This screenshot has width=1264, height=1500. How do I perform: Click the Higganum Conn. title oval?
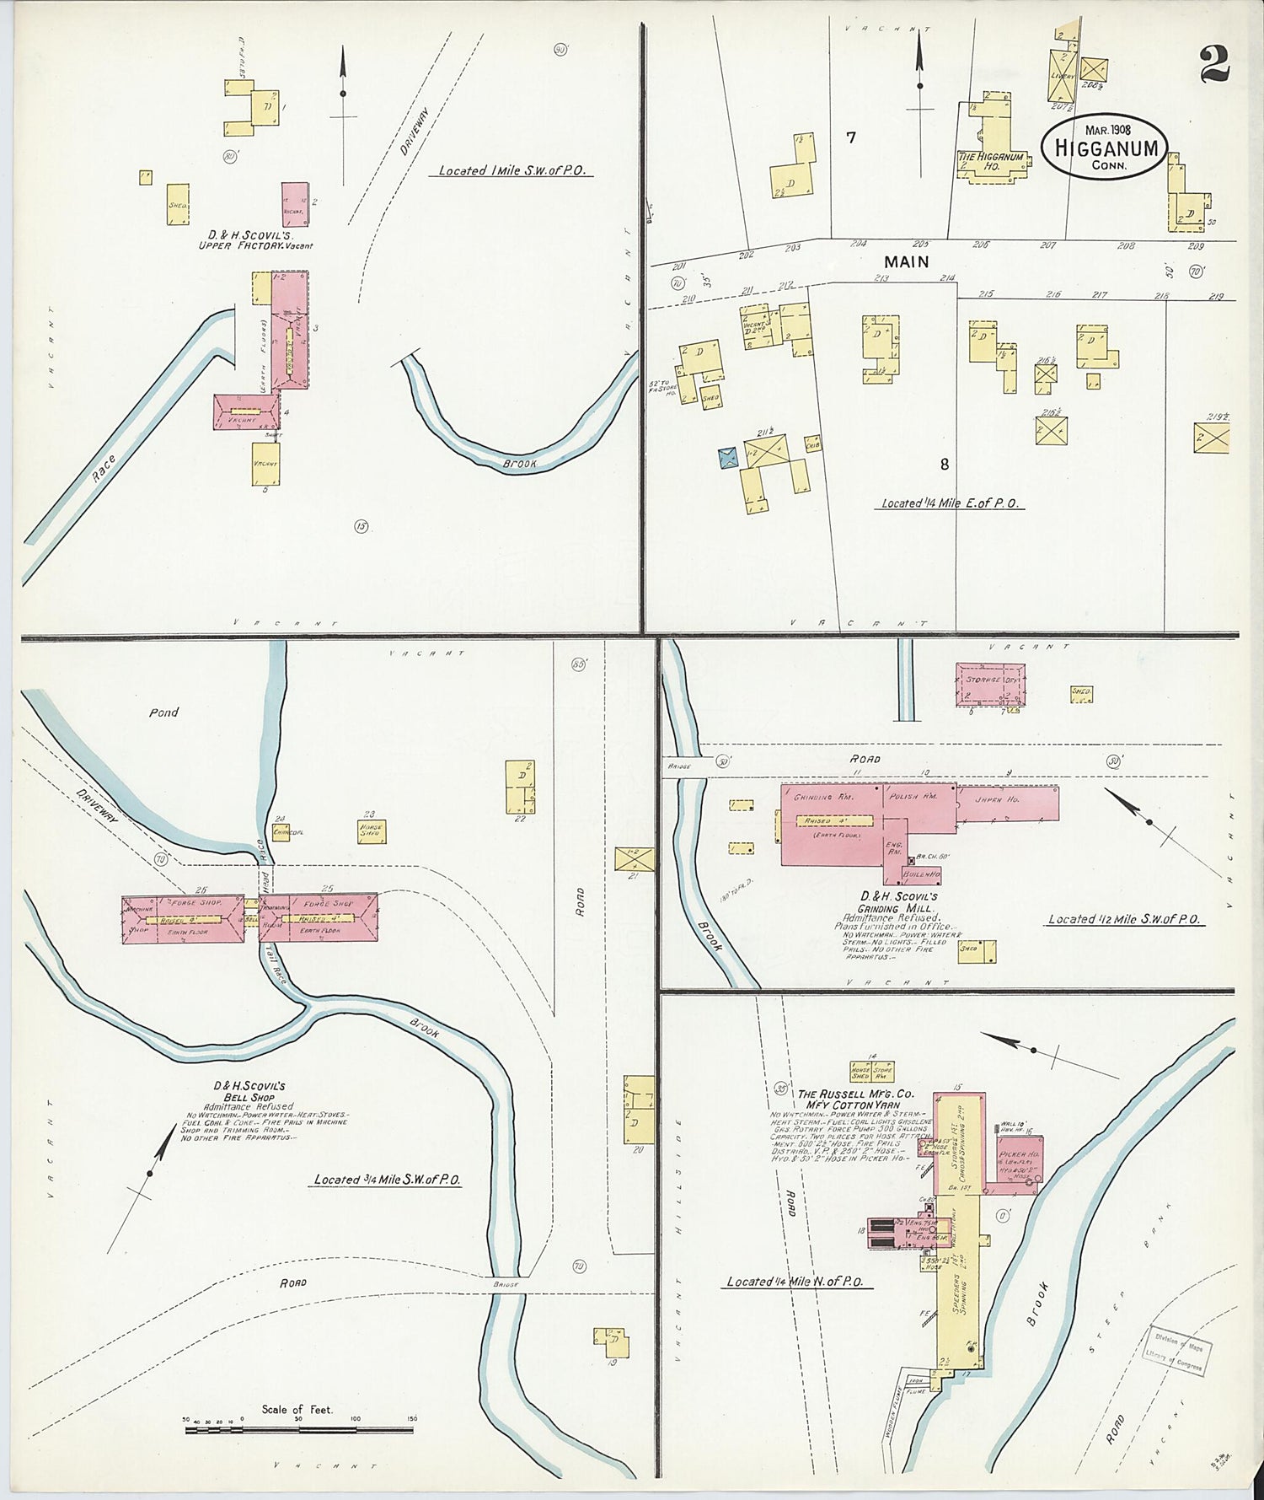[1106, 147]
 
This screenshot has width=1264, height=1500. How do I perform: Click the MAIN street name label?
[906, 262]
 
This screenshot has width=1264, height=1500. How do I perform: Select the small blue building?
[727, 457]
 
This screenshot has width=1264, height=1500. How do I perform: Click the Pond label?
[163, 712]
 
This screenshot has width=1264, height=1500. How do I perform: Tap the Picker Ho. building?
[1019, 1162]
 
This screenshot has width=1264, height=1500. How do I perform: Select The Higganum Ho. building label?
[991, 161]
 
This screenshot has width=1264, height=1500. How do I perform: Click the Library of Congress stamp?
[1178, 1349]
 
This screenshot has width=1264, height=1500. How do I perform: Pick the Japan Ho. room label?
[997, 798]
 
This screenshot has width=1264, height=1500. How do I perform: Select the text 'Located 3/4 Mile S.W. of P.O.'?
[387, 1180]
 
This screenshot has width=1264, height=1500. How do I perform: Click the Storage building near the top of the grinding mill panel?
[990, 684]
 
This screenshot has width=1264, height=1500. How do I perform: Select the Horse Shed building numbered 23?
[371, 831]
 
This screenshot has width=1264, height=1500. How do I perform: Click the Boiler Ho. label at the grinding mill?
[921, 874]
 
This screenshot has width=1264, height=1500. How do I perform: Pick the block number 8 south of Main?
[945, 464]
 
